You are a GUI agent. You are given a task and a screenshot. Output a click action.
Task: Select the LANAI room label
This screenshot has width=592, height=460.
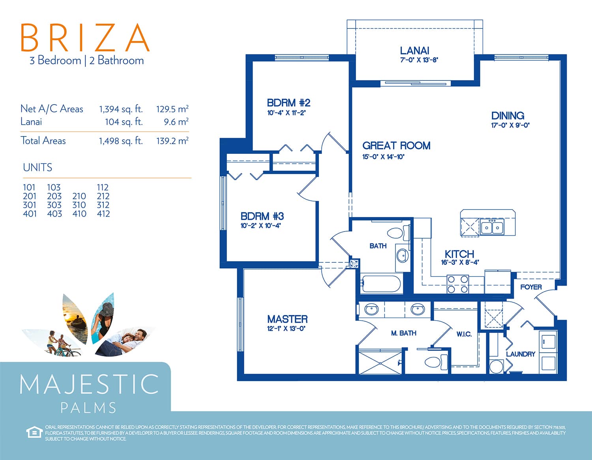[414, 50]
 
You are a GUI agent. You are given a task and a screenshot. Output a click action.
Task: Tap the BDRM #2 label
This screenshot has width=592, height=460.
[289, 103]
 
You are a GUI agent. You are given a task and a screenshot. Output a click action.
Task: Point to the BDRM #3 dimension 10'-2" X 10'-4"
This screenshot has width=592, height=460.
[260, 226]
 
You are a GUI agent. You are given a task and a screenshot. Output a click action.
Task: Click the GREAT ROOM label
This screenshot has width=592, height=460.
[396, 146]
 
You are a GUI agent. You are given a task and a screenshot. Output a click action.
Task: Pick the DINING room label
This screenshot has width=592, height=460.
[508, 116]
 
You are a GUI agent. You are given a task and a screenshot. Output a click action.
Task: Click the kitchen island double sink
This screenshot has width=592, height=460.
[492, 228]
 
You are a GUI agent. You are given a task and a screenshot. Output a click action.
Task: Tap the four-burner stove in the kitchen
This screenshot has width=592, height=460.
[457, 284]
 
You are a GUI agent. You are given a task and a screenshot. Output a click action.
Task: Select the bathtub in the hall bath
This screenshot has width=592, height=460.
[381, 284]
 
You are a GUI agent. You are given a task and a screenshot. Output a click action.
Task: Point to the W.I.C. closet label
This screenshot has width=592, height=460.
[464, 334]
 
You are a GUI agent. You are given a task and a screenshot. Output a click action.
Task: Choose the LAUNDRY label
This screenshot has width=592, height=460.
[521, 354]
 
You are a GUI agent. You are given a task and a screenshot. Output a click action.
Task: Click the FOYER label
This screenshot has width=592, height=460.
[531, 287]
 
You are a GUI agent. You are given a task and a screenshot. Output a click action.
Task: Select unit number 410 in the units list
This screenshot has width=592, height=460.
[79, 214]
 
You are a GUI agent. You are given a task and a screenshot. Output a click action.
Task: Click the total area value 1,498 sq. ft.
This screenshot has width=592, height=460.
[121, 141]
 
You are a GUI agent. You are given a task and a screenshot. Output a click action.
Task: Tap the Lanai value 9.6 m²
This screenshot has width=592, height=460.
[176, 122]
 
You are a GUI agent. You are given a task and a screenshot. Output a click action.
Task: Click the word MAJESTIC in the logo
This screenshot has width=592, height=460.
[89, 384]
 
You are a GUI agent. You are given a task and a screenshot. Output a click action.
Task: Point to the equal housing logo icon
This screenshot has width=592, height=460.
[34, 432]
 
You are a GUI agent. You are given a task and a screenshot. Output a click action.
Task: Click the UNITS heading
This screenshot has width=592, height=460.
[37, 167]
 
